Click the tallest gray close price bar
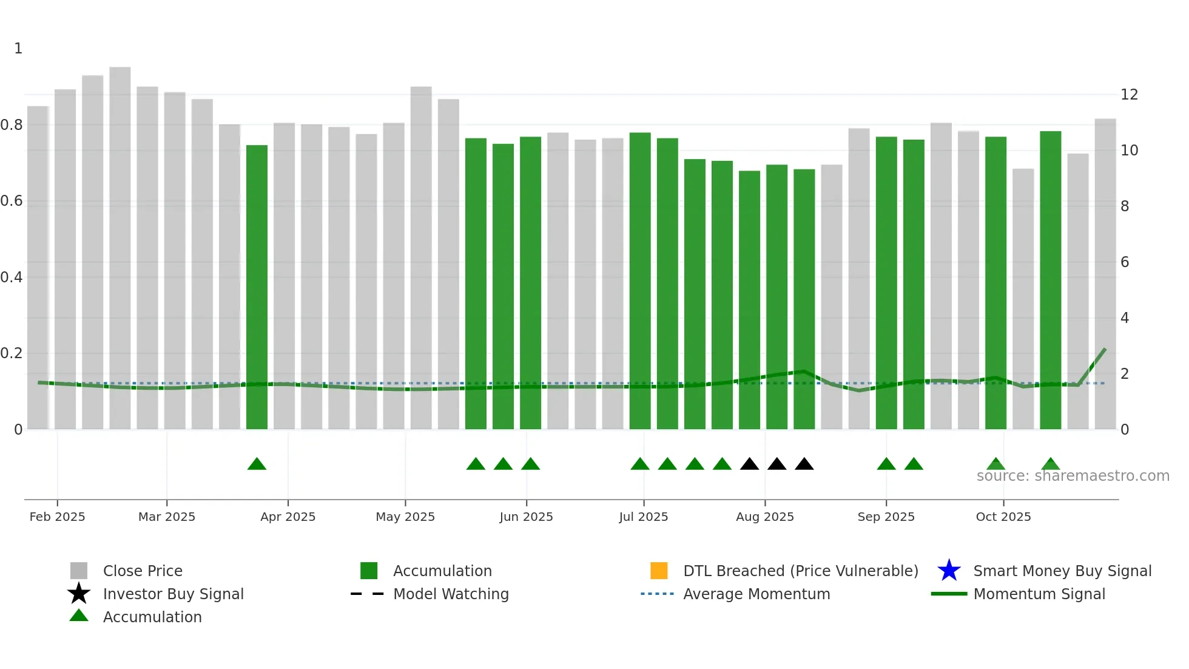click(120, 243)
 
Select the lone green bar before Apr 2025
click(257, 285)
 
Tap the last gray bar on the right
click(1105, 273)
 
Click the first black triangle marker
click(749, 464)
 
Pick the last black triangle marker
click(804, 464)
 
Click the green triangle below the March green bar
click(257, 464)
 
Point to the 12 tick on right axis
click(1129, 95)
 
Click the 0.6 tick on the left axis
click(12, 201)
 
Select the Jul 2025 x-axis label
click(643, 517)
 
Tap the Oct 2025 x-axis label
click(1003, 517)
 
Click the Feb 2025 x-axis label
click(57, 517)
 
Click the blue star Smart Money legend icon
click(949, 571)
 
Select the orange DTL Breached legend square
click(659, 571)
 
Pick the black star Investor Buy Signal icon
click(79, 594)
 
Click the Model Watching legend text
click(451, 594)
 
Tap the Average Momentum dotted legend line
click(657, 594)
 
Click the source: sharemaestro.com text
click(1073, 476)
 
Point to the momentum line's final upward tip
click(1105, 350)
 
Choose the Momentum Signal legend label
click(1039, 594)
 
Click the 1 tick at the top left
click(18, 49)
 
